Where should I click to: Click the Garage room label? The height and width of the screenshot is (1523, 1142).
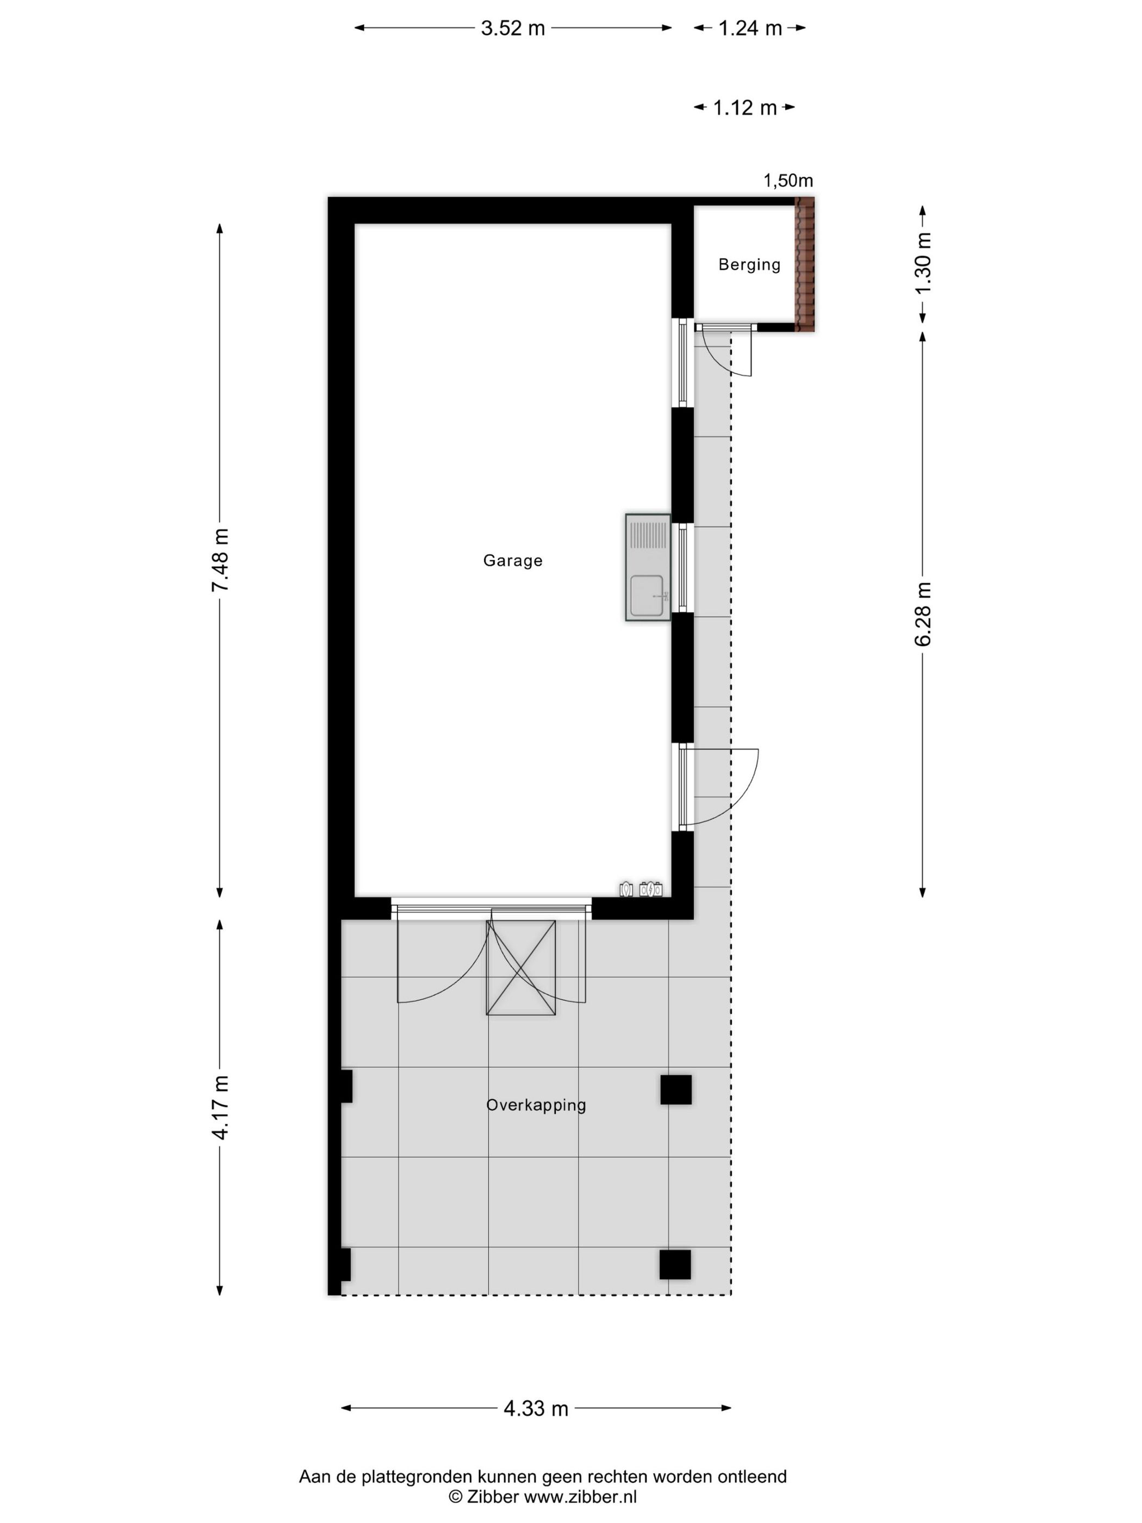[512, 560]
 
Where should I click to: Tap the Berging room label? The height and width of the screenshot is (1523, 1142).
[749, 264]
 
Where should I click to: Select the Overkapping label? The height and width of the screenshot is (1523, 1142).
[536, 1105]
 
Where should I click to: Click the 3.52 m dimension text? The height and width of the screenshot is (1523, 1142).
[512, 28]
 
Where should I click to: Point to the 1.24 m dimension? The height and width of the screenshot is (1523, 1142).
[749, 28]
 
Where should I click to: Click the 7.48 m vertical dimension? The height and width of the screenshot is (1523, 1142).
[220, 560]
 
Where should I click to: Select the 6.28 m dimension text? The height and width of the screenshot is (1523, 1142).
[922, 614]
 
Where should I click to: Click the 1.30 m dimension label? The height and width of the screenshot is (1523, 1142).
[922, 264]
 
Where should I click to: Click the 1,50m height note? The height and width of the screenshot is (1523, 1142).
[787, 181]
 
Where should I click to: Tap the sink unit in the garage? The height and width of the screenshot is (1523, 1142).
[648, 567]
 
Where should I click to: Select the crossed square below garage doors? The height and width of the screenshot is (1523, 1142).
[520, 967]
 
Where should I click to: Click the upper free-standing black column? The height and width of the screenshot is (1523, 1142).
[675, 1089]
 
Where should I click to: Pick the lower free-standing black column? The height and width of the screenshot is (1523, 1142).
[675, 1264]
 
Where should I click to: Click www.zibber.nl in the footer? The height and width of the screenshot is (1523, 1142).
[580, 1496]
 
